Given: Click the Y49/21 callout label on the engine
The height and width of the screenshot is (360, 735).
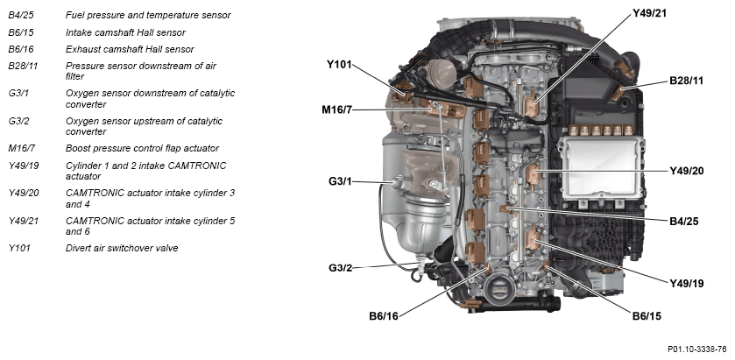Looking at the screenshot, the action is [x=649, y=13].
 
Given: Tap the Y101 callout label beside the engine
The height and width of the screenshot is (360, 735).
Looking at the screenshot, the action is [x=339, y=64].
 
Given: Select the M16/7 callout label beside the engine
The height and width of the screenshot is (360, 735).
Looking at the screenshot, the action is [x=336, y=110].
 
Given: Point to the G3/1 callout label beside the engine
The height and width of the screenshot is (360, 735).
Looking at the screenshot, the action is [x=340, y=181].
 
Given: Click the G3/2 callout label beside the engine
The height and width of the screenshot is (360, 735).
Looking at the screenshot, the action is [x=340, y=268].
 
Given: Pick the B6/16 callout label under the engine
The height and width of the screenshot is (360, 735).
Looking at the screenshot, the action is [x=384, y=316].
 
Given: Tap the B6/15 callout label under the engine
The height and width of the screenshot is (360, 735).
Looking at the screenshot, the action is [x=647, y=316].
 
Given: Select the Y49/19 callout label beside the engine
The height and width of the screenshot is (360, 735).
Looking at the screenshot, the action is [x=686, y=283].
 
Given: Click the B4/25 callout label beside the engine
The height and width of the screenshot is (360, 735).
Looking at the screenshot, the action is [x=684, y=222].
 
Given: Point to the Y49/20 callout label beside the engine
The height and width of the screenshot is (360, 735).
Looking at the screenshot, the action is [x=686, y=171].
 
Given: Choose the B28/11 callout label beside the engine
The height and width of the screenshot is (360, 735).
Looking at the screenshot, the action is [x=686, y=81].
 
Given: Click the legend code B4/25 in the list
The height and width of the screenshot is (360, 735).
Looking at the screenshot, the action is [x=21, y=15].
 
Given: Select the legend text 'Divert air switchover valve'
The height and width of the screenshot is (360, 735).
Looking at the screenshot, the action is [x=122, y=248].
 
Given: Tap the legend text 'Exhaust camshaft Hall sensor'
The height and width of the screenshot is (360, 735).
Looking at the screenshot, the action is [x=130, y=49].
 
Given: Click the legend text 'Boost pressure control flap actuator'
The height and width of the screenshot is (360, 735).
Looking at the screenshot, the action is [x=142, y=148].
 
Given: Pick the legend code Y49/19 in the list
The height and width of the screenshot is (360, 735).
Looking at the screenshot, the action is [x=24, y=166].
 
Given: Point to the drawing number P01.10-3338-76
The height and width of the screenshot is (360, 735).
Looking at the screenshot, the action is [x=697, y=349].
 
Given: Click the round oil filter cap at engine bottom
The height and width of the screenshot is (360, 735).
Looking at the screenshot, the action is [x=496, y=288].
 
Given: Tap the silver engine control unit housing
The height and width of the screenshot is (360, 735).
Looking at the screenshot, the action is [x=599, y=168].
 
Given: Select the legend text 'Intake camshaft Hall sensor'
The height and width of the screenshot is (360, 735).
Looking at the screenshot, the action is [x=125, y=32].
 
